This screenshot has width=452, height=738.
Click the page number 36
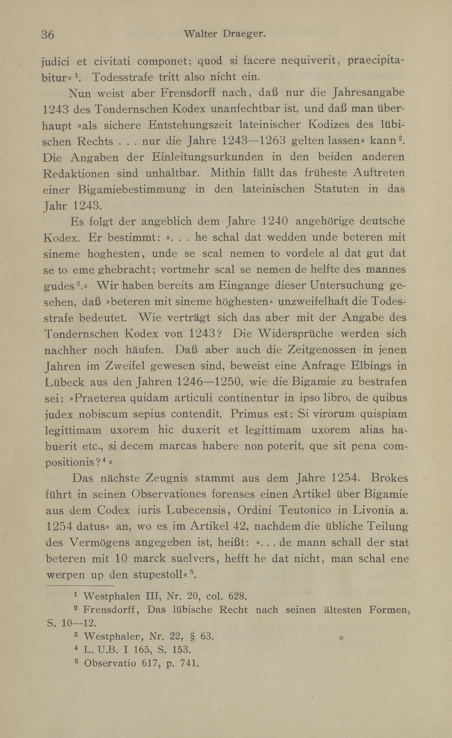click(48, 35)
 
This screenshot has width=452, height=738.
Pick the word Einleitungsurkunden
click(208, 157)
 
